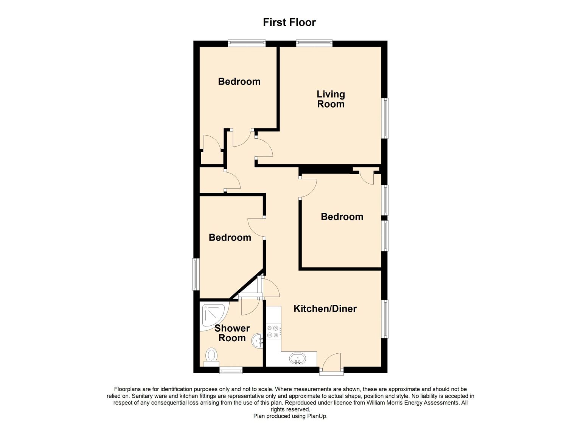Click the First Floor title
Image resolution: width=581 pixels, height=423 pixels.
(289, 22)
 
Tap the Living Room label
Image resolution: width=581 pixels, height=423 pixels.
(331, 99)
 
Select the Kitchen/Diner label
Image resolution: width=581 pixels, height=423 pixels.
(325, 309)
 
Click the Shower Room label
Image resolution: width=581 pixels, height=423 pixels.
(232, 333)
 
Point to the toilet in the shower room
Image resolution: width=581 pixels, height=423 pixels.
(211, 357)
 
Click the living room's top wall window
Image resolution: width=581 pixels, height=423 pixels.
(314, 43)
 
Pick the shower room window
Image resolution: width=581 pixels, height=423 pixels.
(231, 370)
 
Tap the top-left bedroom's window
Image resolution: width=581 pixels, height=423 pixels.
(247, 43)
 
